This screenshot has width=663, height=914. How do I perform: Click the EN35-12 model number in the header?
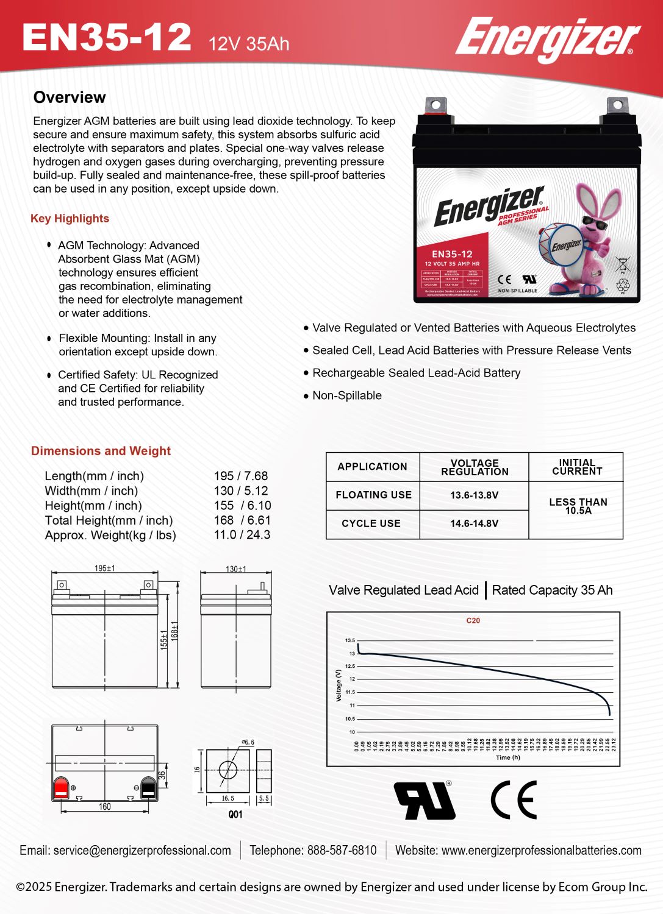pos(107,38)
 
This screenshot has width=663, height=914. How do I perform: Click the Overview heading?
pos(70,97)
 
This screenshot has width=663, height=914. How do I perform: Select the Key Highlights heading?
pos(70,219)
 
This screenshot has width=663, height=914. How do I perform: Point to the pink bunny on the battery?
pos(586,238)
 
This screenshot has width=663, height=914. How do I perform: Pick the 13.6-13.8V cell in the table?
pos(474,495)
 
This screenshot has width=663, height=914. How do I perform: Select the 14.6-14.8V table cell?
pos(474,523)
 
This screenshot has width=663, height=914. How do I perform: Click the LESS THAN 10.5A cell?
pos(577,506)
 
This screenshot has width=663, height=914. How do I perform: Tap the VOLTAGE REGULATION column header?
pos(474,467)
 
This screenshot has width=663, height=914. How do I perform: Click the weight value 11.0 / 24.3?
pos(242,535)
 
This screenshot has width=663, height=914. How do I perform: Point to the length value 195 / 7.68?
pos(240,476)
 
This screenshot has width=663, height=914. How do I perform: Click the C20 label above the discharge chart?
pos(473,621)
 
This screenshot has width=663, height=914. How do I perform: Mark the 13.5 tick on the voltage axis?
pos(350,640)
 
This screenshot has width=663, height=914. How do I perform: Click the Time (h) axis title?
pos(507,757)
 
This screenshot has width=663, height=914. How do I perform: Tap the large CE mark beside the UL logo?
pos(514,799)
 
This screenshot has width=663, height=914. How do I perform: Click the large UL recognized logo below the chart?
pos(425,800)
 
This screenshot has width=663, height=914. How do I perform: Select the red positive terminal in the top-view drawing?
pos(61,787)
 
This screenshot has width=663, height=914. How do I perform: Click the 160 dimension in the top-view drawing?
pos(105,807)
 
